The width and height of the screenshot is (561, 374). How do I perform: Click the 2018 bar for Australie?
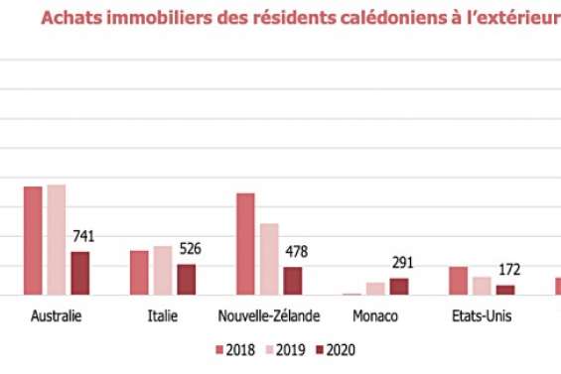(x=33, y=241)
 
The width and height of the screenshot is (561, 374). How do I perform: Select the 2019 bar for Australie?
(x=57, y=240)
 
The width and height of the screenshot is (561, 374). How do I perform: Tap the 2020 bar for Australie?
(x=79, y=273)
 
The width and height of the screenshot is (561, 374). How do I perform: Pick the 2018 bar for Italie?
(x=139, y=273)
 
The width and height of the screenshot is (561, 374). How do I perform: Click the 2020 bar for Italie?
(x=186, y=280)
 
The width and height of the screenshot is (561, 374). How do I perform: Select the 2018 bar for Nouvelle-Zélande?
(x=245, y=244)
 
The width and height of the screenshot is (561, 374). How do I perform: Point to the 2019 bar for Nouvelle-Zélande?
(x=269, y=259)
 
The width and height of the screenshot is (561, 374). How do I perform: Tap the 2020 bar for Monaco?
(x=398, y=287)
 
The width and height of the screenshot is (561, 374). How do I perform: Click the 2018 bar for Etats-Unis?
(x=458, y=281)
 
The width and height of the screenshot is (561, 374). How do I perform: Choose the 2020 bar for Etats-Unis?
(x=505, y=290)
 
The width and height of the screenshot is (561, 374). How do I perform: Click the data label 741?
(x=83, y=236)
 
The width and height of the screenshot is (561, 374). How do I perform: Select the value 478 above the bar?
(x=297, y=251)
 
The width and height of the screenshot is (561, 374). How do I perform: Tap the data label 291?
(x=402, y=263)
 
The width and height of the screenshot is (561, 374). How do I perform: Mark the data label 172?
(x=508, y=270)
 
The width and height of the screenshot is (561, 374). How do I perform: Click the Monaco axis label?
(x=375, y=316)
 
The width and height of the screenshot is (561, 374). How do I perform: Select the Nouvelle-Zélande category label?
(x=269, y=316)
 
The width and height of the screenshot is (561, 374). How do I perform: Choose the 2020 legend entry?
(x=335, y=349)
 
